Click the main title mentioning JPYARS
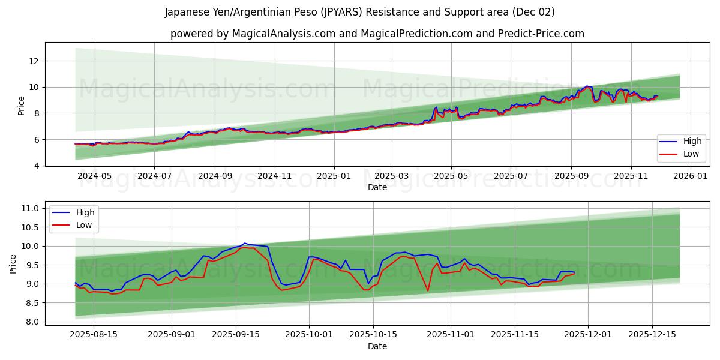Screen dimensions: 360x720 coord(359,12)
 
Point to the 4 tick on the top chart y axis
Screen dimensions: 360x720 coord(37,166)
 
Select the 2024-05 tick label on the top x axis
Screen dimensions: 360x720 coord(95,176)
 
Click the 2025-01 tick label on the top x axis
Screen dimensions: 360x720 coord(333,176)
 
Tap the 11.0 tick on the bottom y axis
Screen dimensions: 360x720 coord(29,208)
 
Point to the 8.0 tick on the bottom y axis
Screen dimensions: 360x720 coord(31,322)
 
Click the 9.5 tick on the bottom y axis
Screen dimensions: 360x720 coord(31,265)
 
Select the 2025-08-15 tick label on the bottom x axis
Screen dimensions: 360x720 coord(94,334)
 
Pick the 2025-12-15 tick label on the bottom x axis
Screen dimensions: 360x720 coord(652,334)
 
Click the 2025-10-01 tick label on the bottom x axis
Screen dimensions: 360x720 coord(309,334)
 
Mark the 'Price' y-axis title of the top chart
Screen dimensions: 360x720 coord(22,106)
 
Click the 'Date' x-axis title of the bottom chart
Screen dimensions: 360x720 coord(377,346)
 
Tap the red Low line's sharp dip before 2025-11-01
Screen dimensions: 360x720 coord(428,291)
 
